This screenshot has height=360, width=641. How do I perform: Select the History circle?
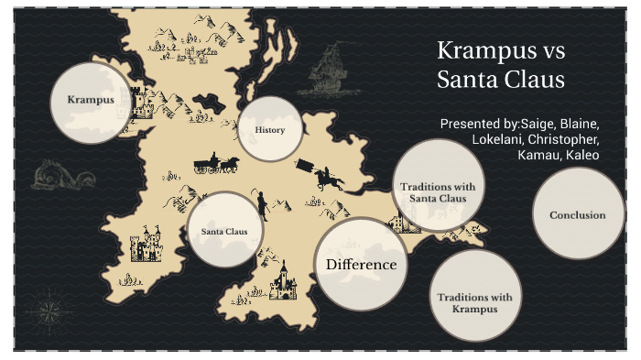tap(270, 129)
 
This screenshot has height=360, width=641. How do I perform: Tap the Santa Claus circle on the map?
tap(224, 231)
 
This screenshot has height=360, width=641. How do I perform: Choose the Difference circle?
tap(361, 265)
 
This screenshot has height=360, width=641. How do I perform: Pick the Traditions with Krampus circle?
tap(474, 297)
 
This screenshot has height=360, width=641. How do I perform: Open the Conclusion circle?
tap(577, 215)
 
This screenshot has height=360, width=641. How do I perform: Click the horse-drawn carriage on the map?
tap(216, 164)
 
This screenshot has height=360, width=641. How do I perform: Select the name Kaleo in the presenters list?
tap(581, 155)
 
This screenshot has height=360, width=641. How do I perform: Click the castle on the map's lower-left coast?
tap(144, 246)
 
